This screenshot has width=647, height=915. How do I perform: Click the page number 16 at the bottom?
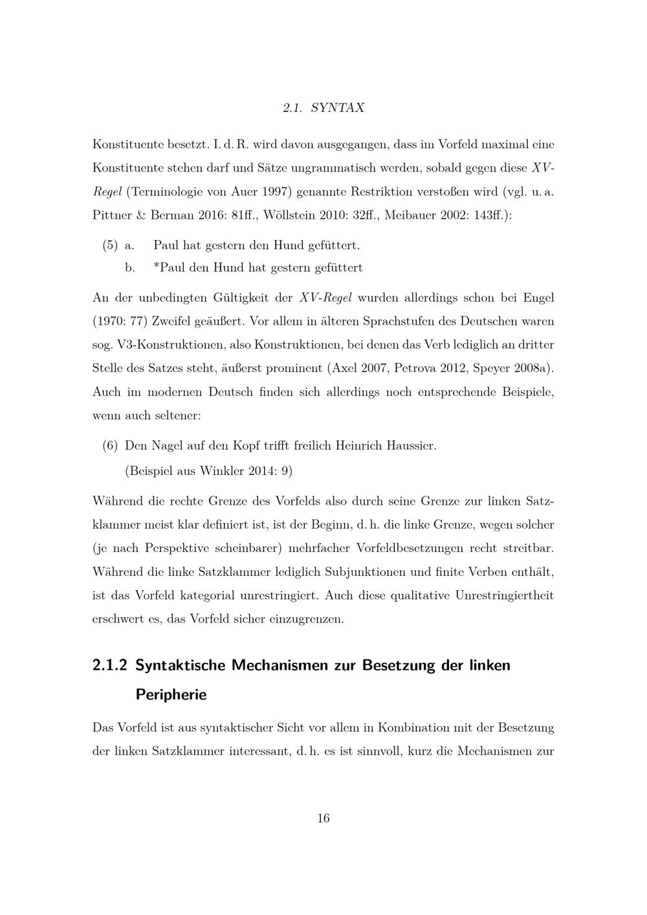click(323, 819)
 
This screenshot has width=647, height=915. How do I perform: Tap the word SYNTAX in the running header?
click(338, 108)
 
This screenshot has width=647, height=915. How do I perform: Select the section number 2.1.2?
click(111, 665)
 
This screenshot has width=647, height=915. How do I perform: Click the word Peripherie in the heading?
click(171, 695)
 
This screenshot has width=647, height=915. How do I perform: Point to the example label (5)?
click(110, 246)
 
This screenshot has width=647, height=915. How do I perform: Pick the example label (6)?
click(110, 446)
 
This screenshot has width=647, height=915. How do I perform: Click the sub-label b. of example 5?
click(129, 268)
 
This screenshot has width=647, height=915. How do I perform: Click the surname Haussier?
click(411, 446)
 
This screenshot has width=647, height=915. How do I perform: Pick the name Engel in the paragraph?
click(538, 298)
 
